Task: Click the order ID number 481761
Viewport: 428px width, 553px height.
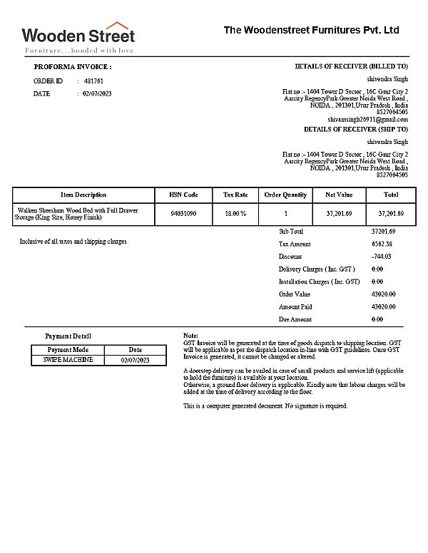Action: point(93,81)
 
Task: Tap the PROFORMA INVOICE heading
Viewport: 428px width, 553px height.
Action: point(73,66)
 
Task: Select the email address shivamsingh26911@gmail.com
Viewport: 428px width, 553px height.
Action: point(367,120)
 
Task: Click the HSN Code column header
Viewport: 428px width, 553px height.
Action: point(183,195)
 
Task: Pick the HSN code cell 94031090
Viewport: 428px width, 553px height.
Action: point(183,214)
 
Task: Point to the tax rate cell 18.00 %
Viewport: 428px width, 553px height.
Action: point(235,214)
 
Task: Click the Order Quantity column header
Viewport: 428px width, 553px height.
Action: point(285,195)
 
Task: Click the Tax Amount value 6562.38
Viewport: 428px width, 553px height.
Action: point(382,244)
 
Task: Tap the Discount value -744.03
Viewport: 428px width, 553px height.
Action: point(382,257)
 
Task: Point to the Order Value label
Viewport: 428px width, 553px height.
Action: point(295,294)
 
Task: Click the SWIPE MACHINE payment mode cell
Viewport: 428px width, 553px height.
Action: point(68,361)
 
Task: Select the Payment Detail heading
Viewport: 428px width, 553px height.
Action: point(68,336)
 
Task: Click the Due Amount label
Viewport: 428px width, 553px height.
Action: point(295,319)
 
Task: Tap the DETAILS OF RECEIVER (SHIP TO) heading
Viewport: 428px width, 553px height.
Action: point(355,130)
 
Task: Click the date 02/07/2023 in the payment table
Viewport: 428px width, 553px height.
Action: point(136,361)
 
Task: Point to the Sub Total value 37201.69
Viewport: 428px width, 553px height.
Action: point(383,232)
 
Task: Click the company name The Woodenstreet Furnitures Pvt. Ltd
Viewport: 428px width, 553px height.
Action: point(311,30)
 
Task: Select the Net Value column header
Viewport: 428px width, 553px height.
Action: point(339,195)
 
